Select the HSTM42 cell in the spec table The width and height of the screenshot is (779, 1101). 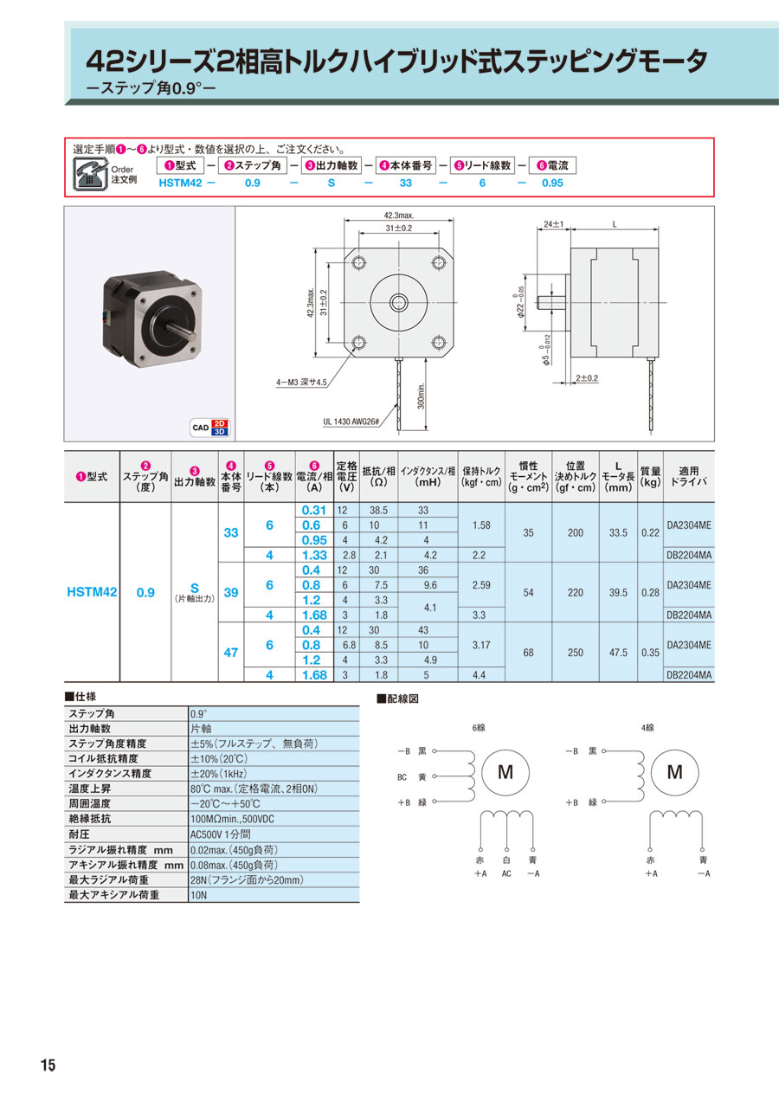[92, 592]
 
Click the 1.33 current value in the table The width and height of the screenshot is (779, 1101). [312, 555]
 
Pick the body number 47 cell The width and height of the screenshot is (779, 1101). [230, 653]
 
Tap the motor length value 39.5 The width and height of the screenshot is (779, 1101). [618, 592]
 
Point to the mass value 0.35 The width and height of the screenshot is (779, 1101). [650, 653]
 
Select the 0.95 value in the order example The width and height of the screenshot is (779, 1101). [552, 183]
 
